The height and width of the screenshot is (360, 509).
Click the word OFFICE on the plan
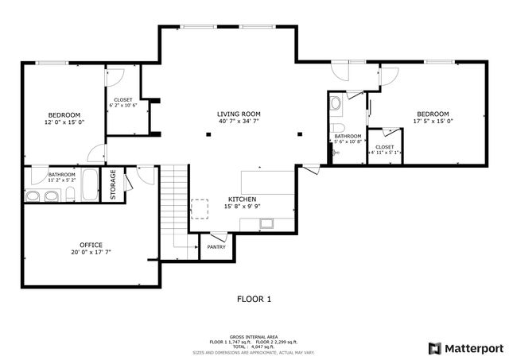(91, 244)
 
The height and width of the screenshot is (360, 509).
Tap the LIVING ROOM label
(239, 114)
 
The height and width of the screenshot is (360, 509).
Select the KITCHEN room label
(242, 199)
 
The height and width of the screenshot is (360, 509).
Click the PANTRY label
(216, 246)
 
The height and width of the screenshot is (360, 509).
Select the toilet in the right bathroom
(336, 130)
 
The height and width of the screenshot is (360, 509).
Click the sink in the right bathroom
(335, 103)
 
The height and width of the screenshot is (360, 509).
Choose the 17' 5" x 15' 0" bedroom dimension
(432, 122)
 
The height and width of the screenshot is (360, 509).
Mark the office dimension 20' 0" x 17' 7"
(91, 252)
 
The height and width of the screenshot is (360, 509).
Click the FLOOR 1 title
(254, 300)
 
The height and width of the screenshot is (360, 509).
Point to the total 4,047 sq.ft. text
(254, 346)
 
